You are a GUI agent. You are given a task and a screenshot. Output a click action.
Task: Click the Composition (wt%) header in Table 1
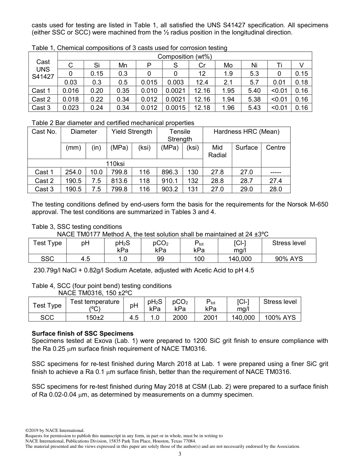coord(185,56)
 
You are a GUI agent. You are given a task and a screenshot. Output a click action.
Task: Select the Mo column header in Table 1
coord(228,65)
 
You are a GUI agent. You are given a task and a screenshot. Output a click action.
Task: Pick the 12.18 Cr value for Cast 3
coord(202,108)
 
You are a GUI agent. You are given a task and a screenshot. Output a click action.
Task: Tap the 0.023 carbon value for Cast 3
coord(70,108)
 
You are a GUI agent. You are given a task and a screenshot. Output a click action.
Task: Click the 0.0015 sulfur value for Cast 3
coord(175,108)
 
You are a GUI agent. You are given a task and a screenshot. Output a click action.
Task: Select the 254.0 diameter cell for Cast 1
coord(74,172)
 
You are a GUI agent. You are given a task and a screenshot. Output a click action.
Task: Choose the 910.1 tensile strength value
coord(169,181)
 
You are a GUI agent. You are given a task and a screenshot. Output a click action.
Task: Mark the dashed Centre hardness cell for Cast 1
coord(275,172)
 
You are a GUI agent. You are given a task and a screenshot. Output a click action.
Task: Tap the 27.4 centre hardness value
coord(275,181)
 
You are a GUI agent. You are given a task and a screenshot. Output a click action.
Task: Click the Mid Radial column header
coord(217,151)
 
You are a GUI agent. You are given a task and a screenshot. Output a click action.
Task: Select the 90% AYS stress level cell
coord(289,259)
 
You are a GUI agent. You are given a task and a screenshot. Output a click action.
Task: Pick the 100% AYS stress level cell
coord(280,317)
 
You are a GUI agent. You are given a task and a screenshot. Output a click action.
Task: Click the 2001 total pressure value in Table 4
coord(210,317)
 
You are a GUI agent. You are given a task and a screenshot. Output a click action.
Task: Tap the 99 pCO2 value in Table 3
coord(160,259)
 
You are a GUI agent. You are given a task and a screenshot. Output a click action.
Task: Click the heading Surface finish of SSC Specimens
coord(82,333)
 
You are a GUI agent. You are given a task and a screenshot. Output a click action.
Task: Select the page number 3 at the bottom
coord(180,454)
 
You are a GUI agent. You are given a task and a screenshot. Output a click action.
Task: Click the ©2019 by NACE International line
coord(55,430)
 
